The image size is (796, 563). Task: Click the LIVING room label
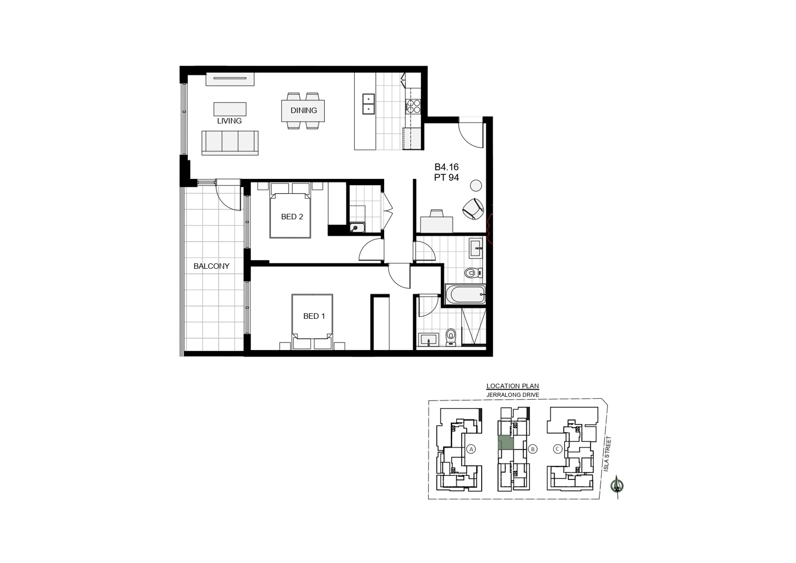[x=229, y=121]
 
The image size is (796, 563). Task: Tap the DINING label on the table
[x=304, y=110]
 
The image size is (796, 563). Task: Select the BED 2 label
[x=292, y=217]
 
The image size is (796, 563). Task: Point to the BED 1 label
[x=314, y=316]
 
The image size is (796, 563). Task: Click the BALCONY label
[x=212, y=266]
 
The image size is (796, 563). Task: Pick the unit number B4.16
[x=446, y=167]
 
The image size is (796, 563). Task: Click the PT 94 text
[x=446, y=178]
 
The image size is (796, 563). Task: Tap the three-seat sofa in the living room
[x=230, y=143]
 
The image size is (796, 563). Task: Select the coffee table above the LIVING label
[x=230, y=109]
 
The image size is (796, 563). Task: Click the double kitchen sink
[x=368, y=104]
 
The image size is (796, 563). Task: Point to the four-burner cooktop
[x=414, y=106]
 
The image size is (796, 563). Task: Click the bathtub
[x=465, y=294]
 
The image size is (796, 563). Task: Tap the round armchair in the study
[x=473, y=208]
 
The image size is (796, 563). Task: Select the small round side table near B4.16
[x=476, y=185]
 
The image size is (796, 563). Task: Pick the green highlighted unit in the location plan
[x=506, y=443]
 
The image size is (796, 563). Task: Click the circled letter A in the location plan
[x=471, y=449]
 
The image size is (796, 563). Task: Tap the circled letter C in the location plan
[x=557, y=449]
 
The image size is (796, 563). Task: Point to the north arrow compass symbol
[x=617, y=486]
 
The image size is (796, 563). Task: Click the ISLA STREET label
[x=607, y=454]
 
